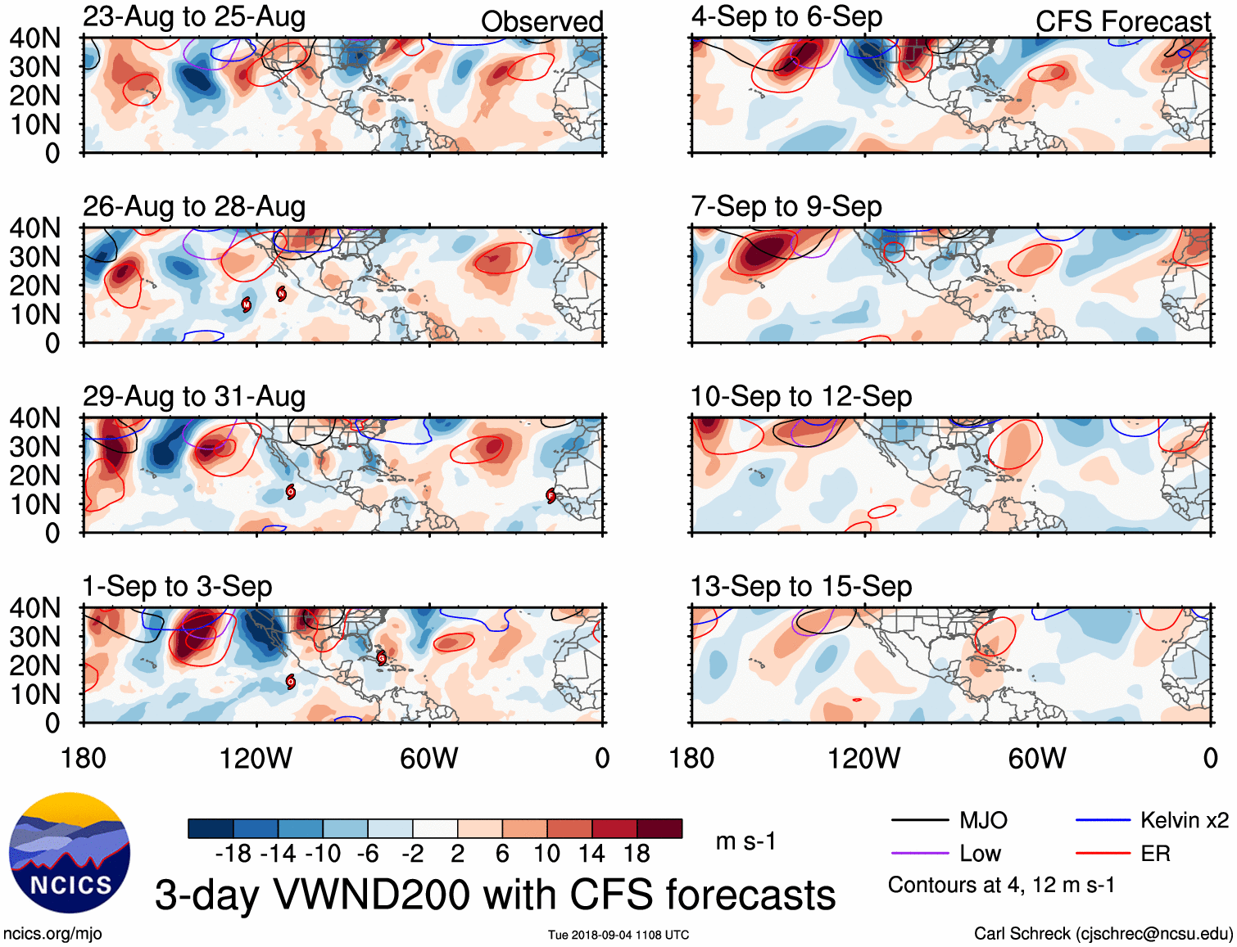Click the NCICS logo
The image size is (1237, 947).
pyautogui.click(x=70, y=853)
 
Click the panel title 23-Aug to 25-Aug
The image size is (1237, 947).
pyautogui.click(x=194, y=17)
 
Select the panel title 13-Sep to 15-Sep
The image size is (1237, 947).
pyautogui.click(x=801, y=586)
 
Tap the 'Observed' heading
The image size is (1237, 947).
pyautogui.click(x=541, y=21)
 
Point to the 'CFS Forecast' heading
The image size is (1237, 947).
pyautogui.click(x=1122, y=21)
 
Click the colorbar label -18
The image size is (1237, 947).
pyautogui.click(x=233, y=854)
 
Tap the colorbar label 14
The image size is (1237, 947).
pyautogui.click(x=591, y=854)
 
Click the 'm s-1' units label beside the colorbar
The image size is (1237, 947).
pyautogui.click(x=745, y=841)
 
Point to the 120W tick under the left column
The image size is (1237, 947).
pyautogui.click(x=256, y=759)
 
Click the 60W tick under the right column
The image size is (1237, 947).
pyautogui.click(x=1037, y=759)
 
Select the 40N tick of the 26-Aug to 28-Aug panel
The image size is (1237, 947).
pyautogui.click(x=35, y=228)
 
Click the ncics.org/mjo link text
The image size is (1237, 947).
pyautogui.click(x=52, y=934)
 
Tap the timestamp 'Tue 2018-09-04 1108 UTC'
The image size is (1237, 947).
pyautogui.click(x=618, y=935)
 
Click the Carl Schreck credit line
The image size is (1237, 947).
pyautogui.click(x=1103, y=934)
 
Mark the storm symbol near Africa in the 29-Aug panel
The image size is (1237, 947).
pyautogui.click(x=551, y=495)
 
